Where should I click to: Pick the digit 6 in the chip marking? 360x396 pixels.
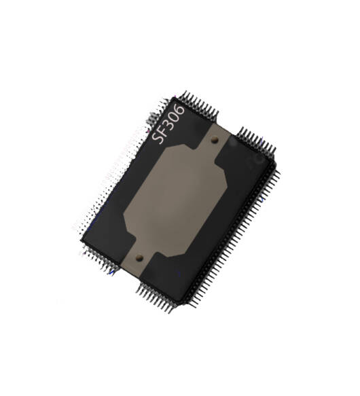pyautogui.click(x=180, y=109)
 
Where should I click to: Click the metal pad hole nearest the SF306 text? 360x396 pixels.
pyautogui.click(x=215, y=139)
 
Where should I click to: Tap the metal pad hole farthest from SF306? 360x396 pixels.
pyautogui.click(x=139, y=257)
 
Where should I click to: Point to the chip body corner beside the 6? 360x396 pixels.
pyautogui.click(x=175, y=98)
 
